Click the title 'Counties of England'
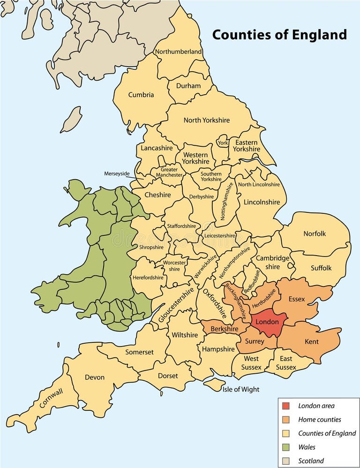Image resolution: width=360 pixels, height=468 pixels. coord(279,35)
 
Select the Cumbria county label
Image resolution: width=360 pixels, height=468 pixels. coord(141,95)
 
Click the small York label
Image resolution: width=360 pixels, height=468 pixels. coord(222,143)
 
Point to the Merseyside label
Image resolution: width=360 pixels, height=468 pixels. coord(117,174)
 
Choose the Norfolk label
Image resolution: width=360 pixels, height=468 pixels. coord(315,234)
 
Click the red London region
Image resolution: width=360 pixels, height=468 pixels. coord(267,322)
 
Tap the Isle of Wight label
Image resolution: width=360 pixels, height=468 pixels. coord(241,389)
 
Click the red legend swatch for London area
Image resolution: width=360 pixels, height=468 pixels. coord(286,406)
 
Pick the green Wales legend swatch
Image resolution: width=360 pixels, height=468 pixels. coord(286,447)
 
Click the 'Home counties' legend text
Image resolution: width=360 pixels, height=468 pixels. coord(320,420)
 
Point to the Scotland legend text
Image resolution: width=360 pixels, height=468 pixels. coord(311,461)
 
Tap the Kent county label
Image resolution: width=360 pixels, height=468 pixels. coord(312,341)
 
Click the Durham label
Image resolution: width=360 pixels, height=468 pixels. coord(188,86)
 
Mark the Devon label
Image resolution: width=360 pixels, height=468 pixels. coord(94,377)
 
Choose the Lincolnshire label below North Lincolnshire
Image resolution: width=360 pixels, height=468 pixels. coord(262,202)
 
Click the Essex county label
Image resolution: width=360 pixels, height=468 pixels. coord(297,299)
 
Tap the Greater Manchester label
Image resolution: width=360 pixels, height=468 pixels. coord(169,172)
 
